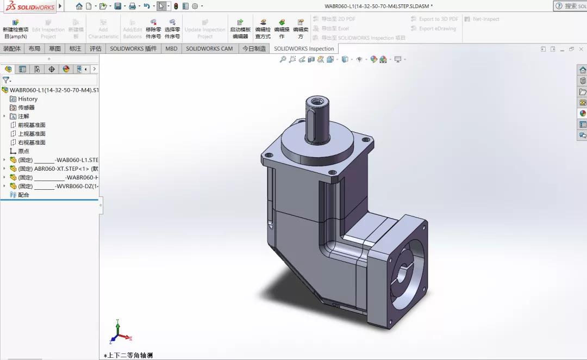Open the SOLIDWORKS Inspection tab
tap(304, 48)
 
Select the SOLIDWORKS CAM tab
tap(209, 48)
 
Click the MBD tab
tap(171, 48)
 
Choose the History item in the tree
tap(27, 99)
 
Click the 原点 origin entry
tap(23, 151)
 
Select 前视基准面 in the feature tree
tap(32, 125)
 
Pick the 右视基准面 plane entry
tap(32, 142)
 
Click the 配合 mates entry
tap(23, 195)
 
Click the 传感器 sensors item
tap(26, 108)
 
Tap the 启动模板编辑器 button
tap(240, 29)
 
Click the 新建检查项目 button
tap(15, 29)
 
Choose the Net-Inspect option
tap(485, 19)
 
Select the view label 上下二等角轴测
tap(129, 355)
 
